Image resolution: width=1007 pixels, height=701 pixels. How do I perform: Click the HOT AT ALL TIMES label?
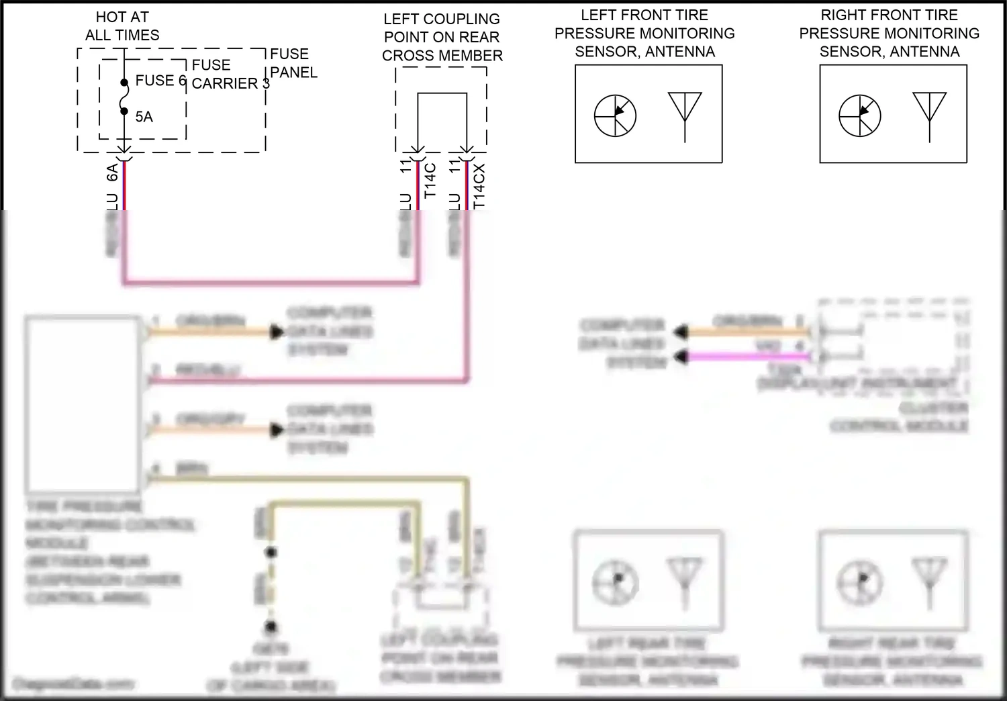(x=122, y=26)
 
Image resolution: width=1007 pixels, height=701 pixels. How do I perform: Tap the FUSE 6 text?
(x=160, y=81)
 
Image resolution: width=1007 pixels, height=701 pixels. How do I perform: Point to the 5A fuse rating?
(x=144, y=117)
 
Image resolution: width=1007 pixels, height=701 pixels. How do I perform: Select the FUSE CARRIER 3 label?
(x=230, y=75)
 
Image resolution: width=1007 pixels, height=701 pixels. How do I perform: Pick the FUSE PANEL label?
(x=293, y=63)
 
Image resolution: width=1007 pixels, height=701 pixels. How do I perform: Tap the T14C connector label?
(x=431, y=180)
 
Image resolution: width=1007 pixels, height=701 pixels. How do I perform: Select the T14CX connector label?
(x=479, y=186)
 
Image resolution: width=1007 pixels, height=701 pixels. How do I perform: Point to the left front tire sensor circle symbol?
(x=615, y=115)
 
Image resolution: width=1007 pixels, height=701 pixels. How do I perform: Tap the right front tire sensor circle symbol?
(x=859, y=115)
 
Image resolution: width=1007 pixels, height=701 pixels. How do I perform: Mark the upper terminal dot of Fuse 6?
(x=124, y=83)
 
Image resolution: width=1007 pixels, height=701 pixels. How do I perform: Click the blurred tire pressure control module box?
(x=83, y=406)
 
